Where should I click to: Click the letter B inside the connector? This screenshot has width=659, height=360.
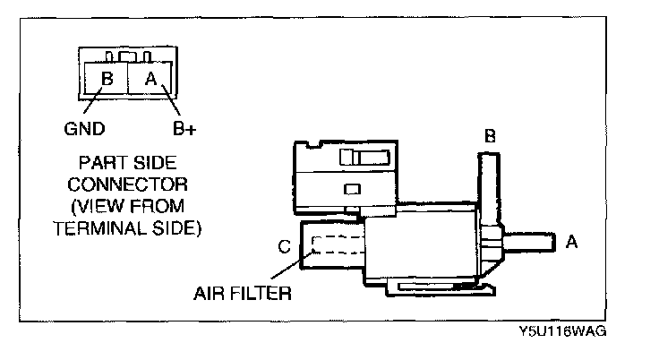pos(106,79)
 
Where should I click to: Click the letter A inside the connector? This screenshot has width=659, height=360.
pos(150,79)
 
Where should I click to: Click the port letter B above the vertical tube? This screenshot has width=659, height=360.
pos(489,137)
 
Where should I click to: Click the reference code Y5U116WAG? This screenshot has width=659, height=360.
pos(562,331)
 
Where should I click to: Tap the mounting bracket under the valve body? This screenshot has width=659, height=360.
pos(438,287)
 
